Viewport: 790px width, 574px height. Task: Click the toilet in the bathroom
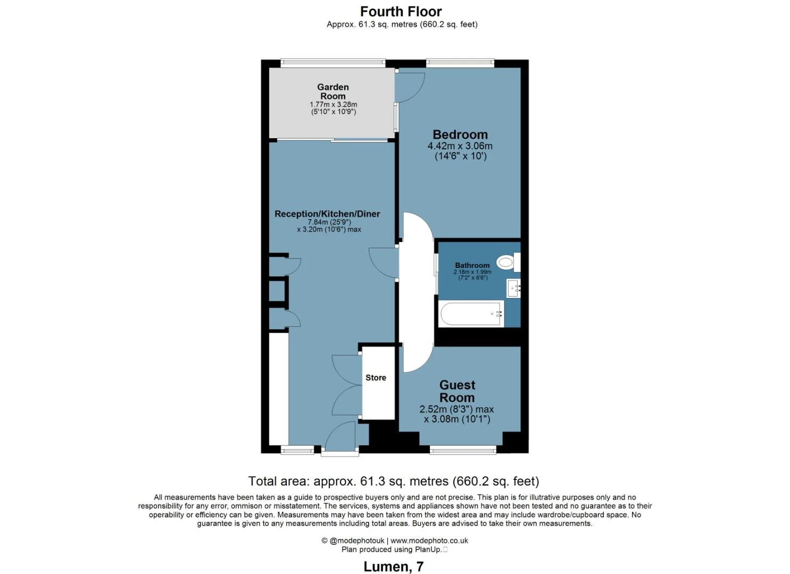click(509, 262)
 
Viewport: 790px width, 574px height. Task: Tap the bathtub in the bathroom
click(471, 313)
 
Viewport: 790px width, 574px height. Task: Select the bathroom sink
click(513, 288)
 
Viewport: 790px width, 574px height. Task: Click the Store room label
click(376, 377)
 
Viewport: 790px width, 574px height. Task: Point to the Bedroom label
click(460, 134)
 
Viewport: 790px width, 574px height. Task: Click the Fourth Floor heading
click(401, 12)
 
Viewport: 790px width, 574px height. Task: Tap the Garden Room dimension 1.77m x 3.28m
click(333, 105)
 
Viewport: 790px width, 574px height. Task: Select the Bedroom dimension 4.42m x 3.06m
click(460, 146)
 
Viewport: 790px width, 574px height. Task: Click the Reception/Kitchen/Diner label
click(327, 214)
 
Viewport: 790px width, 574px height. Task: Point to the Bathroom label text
click(472, 265)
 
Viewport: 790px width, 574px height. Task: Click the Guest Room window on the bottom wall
click(463, 450)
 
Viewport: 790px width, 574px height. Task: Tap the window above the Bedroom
click(460, 63)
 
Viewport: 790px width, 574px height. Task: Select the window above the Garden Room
click(333, 63)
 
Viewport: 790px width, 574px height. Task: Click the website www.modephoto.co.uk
click(429, 541)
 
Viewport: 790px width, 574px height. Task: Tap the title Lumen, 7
click(394, 567)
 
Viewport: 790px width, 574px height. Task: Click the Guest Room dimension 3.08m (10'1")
click(457, 419)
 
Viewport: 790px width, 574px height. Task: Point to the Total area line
click(394, 482)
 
